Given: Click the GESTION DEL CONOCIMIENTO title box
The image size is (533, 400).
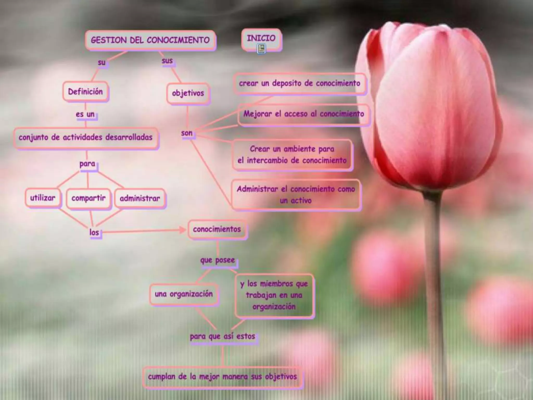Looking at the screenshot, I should click(150, 40).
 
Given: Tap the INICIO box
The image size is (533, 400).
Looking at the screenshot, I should click(261, 39).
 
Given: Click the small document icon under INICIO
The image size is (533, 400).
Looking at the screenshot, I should click(261, 48).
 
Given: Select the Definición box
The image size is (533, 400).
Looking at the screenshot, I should click(85, 91).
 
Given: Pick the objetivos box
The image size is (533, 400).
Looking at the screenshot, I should click(188, 93).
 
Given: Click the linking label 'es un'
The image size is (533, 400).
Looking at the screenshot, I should click(85, 114).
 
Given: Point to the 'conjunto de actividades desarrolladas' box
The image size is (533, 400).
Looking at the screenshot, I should click(86, 137).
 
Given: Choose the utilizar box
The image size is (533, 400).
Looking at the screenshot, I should click(43, 198).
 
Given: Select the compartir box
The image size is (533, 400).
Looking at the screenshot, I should click(88, 198).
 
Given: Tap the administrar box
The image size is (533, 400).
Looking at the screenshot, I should click(140, 198).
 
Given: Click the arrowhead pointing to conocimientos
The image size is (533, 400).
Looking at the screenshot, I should click(182, 230).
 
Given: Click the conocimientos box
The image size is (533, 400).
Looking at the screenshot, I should click(217, 229).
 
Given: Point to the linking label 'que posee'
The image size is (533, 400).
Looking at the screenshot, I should click(218, 260).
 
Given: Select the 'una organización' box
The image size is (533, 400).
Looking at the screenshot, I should click(184, 294).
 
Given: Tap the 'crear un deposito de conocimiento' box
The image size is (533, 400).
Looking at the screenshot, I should click(300, 83).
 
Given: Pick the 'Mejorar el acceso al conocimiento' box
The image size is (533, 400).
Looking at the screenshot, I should click(303, 114).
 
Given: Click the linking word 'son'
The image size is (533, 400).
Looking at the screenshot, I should click(187, 133).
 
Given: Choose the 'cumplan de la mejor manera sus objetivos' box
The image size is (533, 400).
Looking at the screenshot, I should click(223, 377).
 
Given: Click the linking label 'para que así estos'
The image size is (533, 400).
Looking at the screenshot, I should click(223, 336).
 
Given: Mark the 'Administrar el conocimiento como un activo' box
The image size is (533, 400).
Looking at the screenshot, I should click(296, 195).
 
